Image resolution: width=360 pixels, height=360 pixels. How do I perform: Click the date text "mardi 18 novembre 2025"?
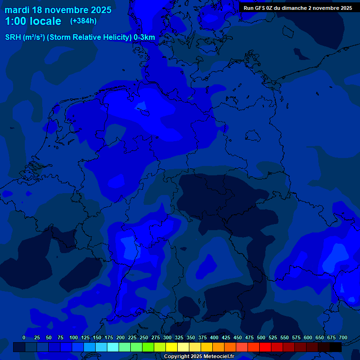pyautogui.click(x=58, y=10)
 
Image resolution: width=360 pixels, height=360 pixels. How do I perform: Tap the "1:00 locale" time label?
pyautogui.click(x=33, y=21)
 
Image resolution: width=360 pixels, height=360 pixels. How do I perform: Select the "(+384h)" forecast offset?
pyautogui.click(x=83, y=21)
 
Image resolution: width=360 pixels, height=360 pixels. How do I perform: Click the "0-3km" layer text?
pyautogui.click(x=144, y=37)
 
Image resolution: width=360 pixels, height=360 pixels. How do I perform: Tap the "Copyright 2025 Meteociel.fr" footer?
pyautogui.click(x=199, y=357)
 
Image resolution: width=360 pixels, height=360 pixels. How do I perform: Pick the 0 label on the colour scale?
pyautogui.click(x=24, y=338)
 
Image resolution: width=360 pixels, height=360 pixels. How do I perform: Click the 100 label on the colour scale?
pyautogui.click(x=74, y=338)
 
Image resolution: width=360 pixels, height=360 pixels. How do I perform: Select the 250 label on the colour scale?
pyautogui.click(x=144, y=338)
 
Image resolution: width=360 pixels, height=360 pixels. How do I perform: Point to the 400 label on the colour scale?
pyautogui.click(x=214, y=338)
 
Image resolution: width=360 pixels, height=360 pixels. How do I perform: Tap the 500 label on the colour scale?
pyautogui.click(x=261, y=338)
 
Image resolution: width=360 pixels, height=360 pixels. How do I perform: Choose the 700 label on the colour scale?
pyautogui.click(x=343, y=338)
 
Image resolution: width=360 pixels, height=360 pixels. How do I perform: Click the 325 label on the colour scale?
pyautogui.click(x=179, y=338)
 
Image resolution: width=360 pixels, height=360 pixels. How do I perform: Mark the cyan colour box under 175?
pyautogui.click(x=113, y=347)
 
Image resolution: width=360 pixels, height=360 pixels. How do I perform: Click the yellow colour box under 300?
pyautogui.click(x=172, y=347)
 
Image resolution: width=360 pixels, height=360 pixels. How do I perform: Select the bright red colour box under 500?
pyautogui.click(x=265, y=347)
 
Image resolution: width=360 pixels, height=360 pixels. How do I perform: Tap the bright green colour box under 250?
pyautogui.click(x=148, y=347)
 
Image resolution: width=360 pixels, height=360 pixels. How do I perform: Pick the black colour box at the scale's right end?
pyautogui.click(x=336, y=347)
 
